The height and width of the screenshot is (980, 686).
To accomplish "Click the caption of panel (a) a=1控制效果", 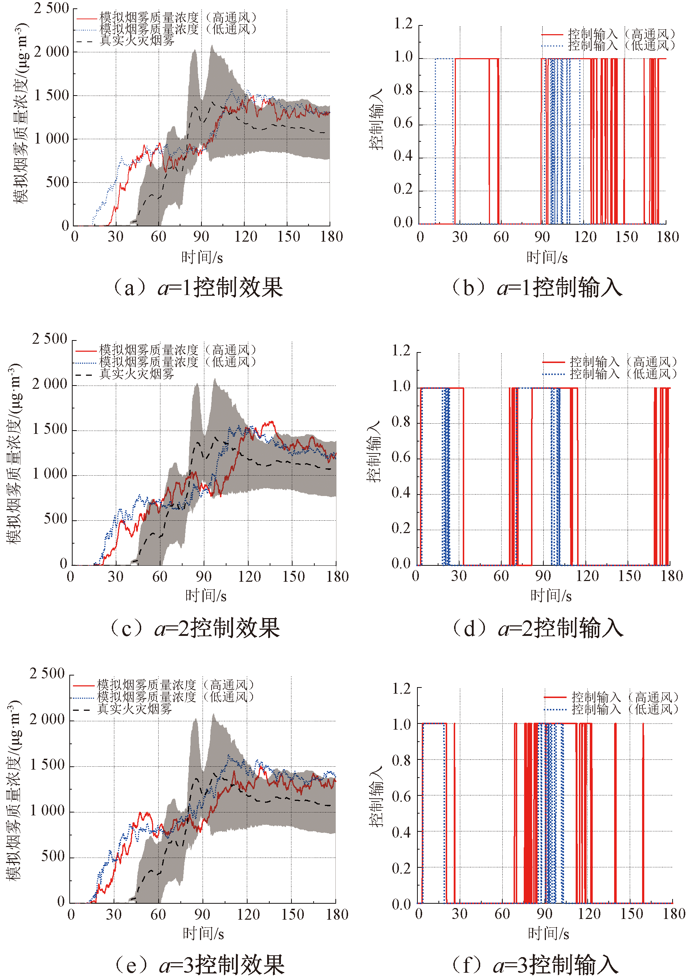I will click(x=197, y=287).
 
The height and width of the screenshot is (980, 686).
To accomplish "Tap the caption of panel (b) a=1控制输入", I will click(x=537, y=287).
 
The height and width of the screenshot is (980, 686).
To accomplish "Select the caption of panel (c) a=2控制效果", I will click(x=195, y=628).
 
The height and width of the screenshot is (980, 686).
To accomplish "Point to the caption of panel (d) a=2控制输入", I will click(x=538, y=628).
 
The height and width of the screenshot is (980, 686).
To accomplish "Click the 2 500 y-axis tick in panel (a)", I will click(x=51, y=8).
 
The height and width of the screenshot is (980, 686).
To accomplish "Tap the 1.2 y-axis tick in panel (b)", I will click(x=403, y=24).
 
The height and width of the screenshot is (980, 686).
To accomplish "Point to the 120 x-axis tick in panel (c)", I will click(x=249, y=577).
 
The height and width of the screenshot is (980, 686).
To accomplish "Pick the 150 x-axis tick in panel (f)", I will click(x=631, y=914).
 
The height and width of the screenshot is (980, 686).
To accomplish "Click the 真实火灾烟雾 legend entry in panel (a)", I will click(x=136, y=41).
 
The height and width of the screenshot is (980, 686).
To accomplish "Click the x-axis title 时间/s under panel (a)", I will click(x=202, y=257).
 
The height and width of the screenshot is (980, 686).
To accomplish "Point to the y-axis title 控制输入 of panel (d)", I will click(x=373, y=452).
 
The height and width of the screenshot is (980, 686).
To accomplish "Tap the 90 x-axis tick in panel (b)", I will click(x=542, y=237).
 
